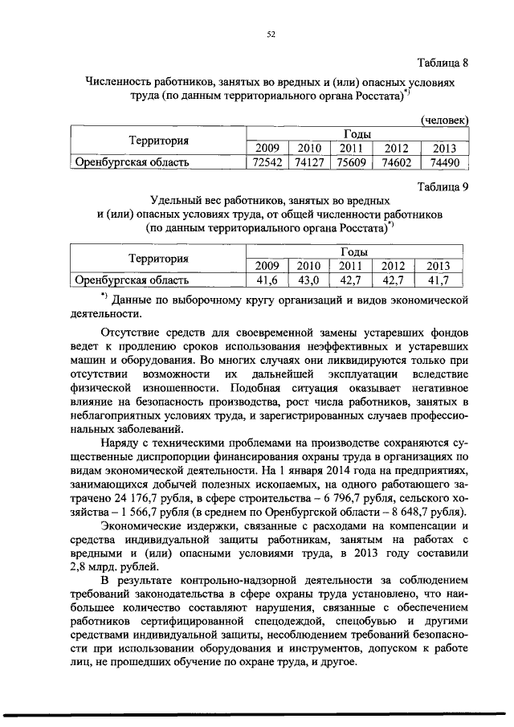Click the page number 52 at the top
coord(271,34)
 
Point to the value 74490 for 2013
coord(443,162)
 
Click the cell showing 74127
coord(308,162)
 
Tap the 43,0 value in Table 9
coord(308,280)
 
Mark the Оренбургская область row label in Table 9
coord(132,280)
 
